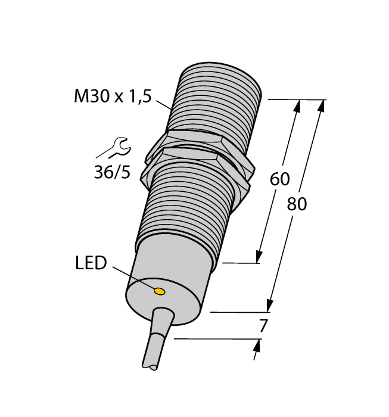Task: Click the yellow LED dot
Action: click(160, 291)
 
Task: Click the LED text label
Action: click(91, 263)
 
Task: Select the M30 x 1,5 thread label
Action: click(111, 97)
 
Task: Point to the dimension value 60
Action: click(279, 179)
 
